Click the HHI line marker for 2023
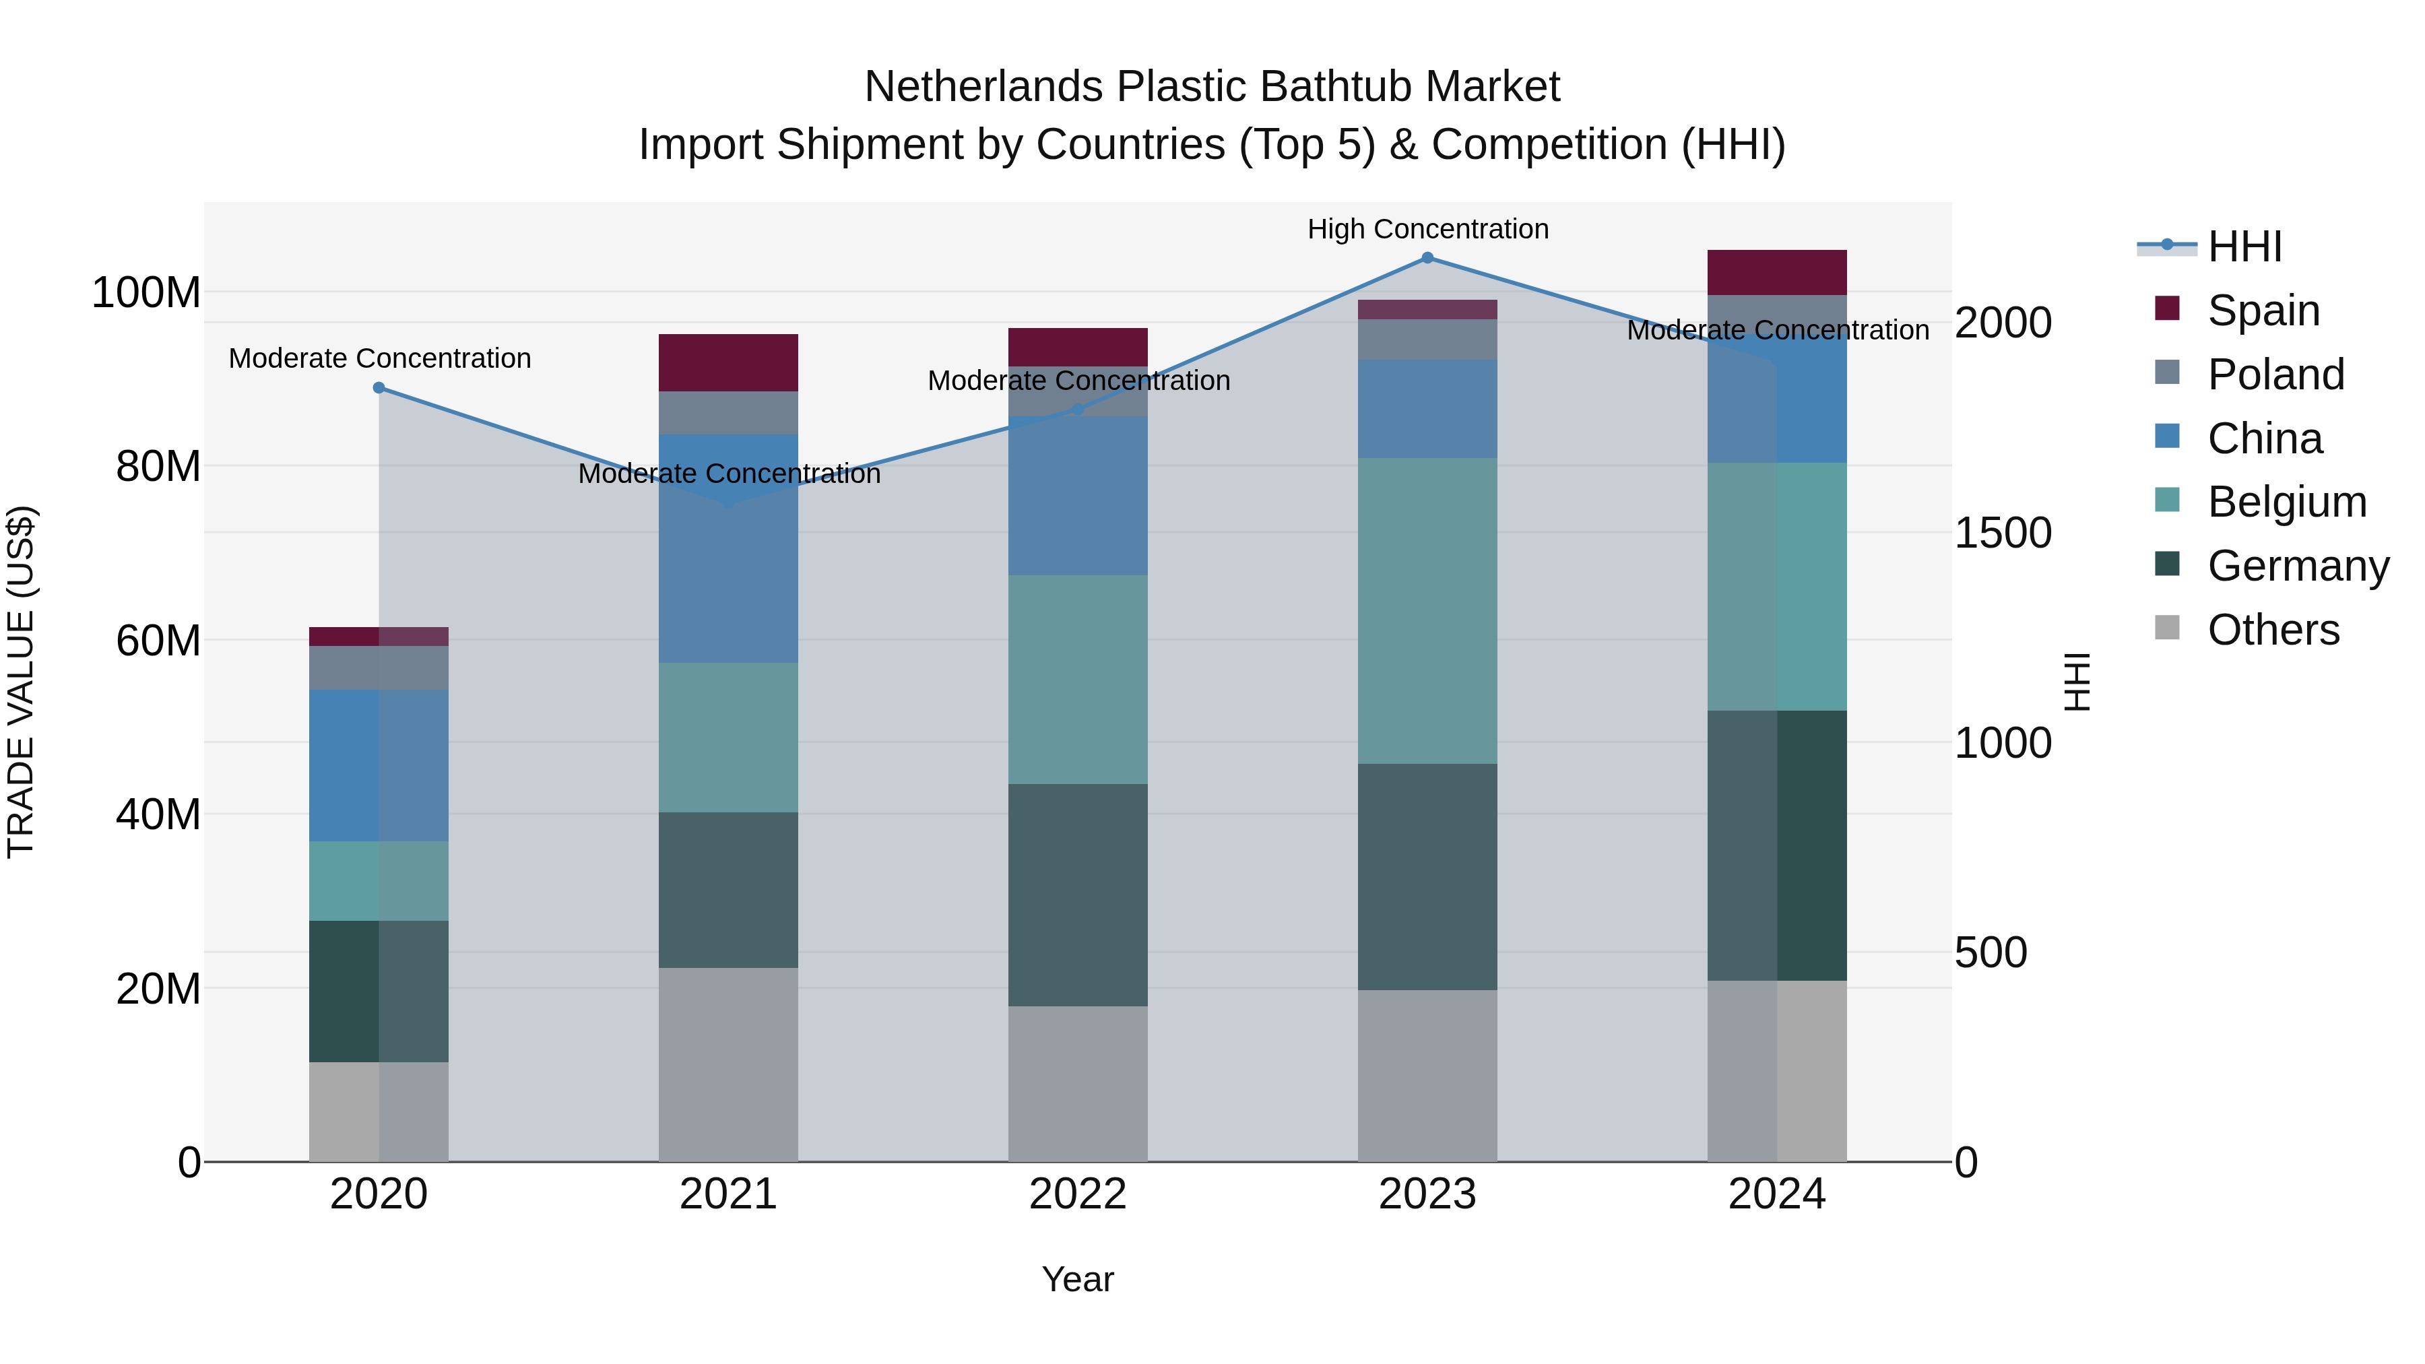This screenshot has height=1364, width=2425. pyautogui.click(x=1427, y=258)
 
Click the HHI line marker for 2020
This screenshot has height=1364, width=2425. pyautogui.click(x=379, y=388)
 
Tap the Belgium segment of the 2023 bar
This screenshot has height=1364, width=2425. pyautogui.click(x=1427, y=611)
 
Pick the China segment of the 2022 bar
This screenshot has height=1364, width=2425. pyautogui.click(x=1078, y=495)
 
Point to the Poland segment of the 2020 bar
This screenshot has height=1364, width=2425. pyautogui.click(x=379, y=668)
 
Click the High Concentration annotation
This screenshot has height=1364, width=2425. pyautogui.click(x=1427, y=229)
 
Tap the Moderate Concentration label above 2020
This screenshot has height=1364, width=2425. pyautogui.click(x=379, y=358)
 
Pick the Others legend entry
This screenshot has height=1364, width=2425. pyautogui.click(x=2273, y=630)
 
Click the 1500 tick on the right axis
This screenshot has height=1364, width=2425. pyautogui.click(x=2003, y=533)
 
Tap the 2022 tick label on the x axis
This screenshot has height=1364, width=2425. pyautogui.click(x=1078, y=1194)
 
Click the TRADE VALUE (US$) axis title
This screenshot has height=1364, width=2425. pyautogui.click(x=21, y=682)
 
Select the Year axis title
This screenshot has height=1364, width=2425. pyautogui.click(x=1077, y=1279)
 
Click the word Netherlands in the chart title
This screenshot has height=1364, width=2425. pyautogui.click(x=983, y=87)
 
